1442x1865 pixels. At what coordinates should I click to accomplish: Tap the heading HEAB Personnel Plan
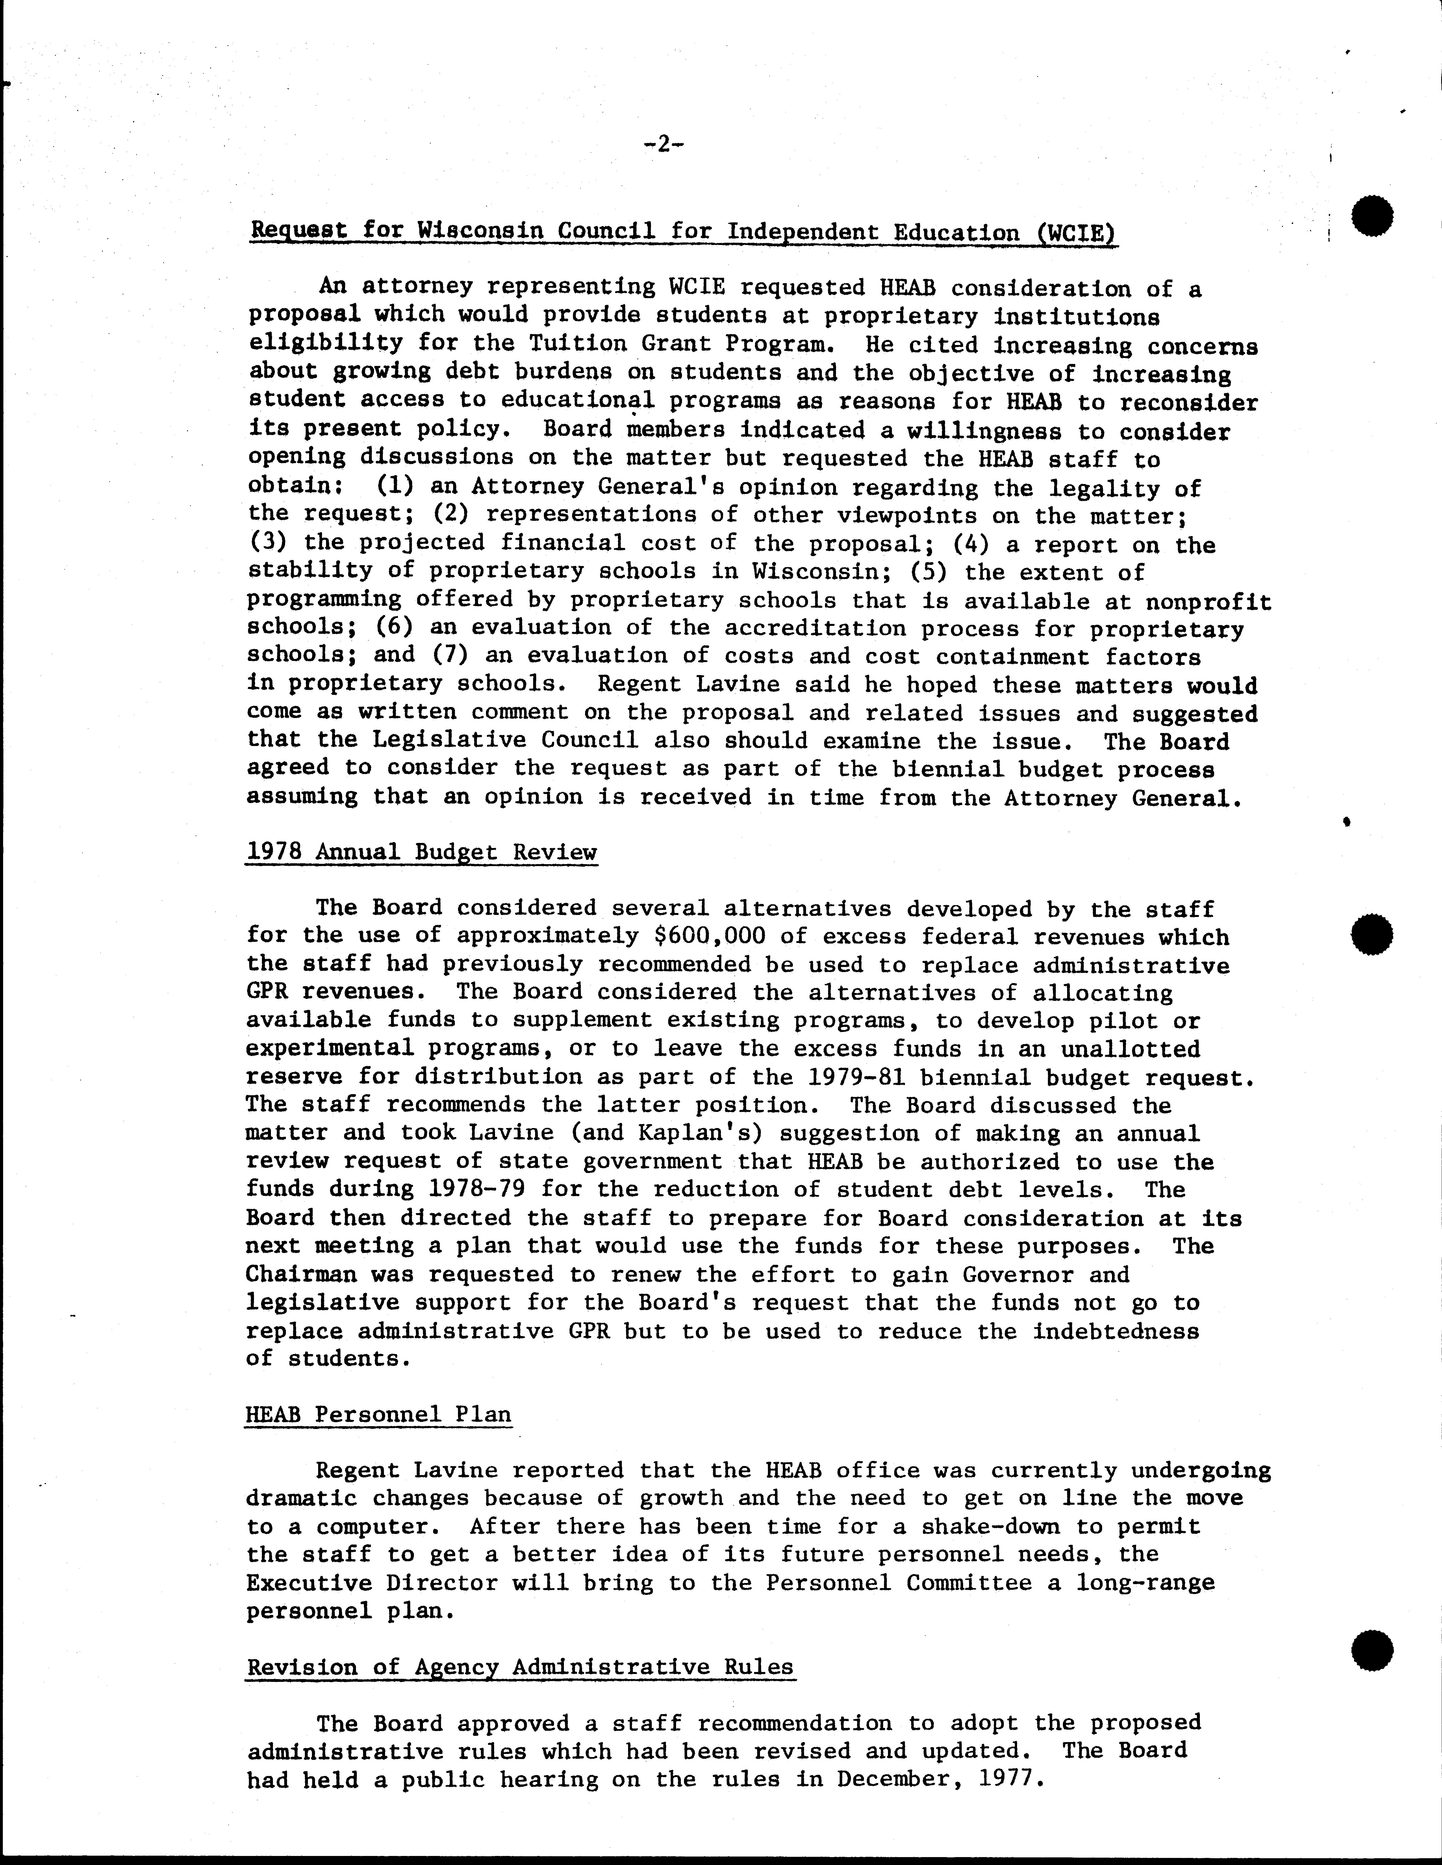pos(378,1414)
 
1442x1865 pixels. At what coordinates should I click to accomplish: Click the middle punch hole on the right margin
pos(1372,933)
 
